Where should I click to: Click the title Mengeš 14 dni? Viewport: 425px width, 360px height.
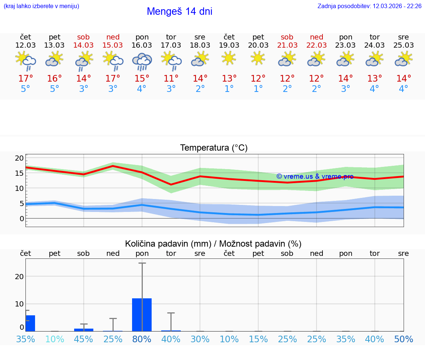179,11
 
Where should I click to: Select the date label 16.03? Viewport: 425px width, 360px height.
142,45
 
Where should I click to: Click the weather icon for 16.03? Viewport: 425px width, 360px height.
142,61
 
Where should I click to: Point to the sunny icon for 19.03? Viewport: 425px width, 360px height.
229,58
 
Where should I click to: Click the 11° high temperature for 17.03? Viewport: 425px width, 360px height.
171,79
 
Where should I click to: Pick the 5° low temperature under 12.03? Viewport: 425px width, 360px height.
25,89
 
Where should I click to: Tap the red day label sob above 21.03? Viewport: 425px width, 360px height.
287,37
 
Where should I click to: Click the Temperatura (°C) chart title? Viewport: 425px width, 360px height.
214,148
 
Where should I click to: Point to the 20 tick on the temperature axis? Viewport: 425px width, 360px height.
19,158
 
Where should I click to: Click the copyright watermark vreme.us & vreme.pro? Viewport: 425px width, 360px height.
315,176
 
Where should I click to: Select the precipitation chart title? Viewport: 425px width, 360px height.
213,244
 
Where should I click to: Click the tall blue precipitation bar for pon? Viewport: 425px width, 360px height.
142,315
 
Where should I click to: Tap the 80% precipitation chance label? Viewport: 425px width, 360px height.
142,339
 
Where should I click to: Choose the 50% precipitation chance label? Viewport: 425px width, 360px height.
404,339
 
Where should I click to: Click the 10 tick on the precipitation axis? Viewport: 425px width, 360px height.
19,304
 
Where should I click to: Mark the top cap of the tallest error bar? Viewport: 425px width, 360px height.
142,263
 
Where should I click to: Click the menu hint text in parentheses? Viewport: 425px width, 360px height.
41,6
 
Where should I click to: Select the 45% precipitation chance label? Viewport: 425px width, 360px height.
84,339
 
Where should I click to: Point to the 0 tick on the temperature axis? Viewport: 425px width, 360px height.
21,219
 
